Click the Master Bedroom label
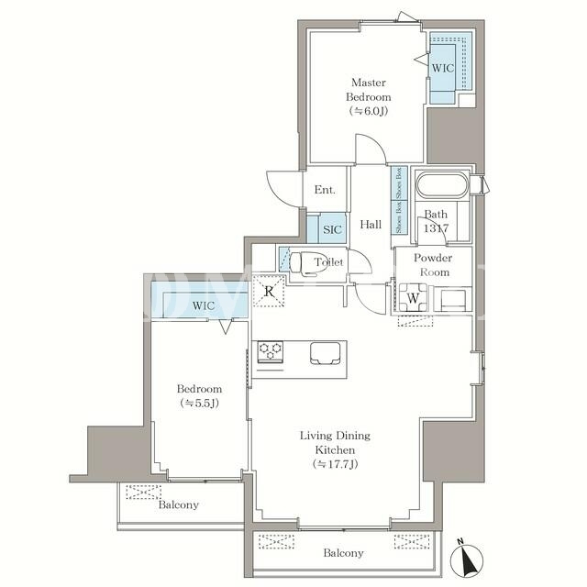tap(369, 90)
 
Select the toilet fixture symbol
tap(304, 263)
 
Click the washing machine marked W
tap(413, 297)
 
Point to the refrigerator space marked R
tap(269, 291)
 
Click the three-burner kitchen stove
tap(271, 352)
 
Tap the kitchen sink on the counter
tap(326, 353)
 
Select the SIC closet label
tap(332, 229)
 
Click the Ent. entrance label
tap(325, 190)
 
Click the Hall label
tap(371, 224)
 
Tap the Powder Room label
tap(433, 265)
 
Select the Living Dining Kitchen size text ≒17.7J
tap(336, 464)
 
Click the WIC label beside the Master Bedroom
tap(443, 68)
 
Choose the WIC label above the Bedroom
tap(204, 305)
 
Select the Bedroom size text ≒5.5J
tap(200, 404)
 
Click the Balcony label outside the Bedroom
tap(179, 504)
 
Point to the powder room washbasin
tap(453, 299)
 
